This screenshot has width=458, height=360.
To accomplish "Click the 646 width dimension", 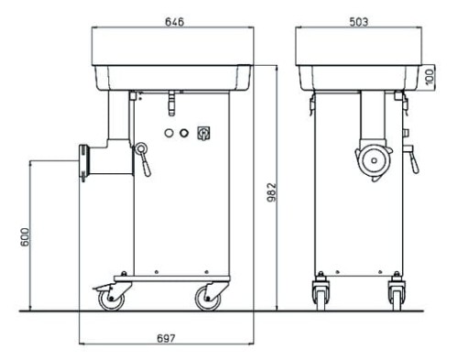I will coord(174,21).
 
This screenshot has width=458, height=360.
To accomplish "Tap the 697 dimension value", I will coord(167,337).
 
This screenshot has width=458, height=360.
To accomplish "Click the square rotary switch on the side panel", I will coord(204,133).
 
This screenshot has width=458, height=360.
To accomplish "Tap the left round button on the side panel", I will coord(168,133).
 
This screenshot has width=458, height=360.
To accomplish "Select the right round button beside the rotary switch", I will coord(184,133).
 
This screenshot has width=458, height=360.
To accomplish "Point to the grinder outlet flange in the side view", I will coord(85,162).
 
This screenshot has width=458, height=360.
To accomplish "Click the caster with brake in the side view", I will coord(109,296).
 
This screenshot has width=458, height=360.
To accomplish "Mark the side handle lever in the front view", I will coord(412,158).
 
